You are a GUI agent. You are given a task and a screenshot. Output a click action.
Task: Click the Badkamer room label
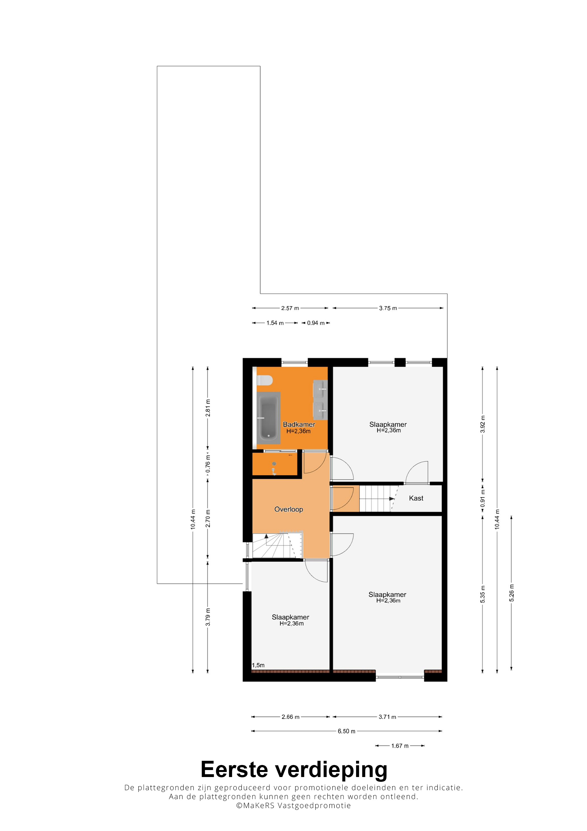click(x=299, y=424)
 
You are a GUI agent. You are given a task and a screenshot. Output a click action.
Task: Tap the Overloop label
click(x=289, y=509)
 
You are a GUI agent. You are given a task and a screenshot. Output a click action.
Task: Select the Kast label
click(x=416, y=498)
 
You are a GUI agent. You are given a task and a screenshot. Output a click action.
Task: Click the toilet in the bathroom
click(x=264, y=380)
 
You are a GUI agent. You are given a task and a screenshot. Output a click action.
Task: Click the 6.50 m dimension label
click(x=347, y=731)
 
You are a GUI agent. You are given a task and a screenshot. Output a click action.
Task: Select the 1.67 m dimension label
click(x=400, y=746)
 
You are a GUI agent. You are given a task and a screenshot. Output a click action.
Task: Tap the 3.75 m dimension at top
click(x=388, y=308)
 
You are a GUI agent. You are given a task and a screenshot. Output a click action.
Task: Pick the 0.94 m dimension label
click(x=316, y=323)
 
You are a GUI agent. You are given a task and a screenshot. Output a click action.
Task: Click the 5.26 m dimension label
click(x=512, y=593)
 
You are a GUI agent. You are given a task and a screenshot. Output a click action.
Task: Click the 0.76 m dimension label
click(x=208, y=464)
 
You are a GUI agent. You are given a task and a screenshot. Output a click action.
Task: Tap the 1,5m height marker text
click(x=258, y=665)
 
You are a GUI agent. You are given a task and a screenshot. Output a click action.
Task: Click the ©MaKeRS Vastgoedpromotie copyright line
click(x=293, y=805)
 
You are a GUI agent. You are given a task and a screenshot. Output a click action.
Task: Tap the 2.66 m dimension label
click(x=290, y=717)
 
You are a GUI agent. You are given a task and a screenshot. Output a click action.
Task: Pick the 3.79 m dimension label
click(x=208, y=617)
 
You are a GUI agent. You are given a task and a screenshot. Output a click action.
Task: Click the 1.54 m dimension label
click(x=275, y=323)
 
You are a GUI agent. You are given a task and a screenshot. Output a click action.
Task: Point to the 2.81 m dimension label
click(x=208, y=408)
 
